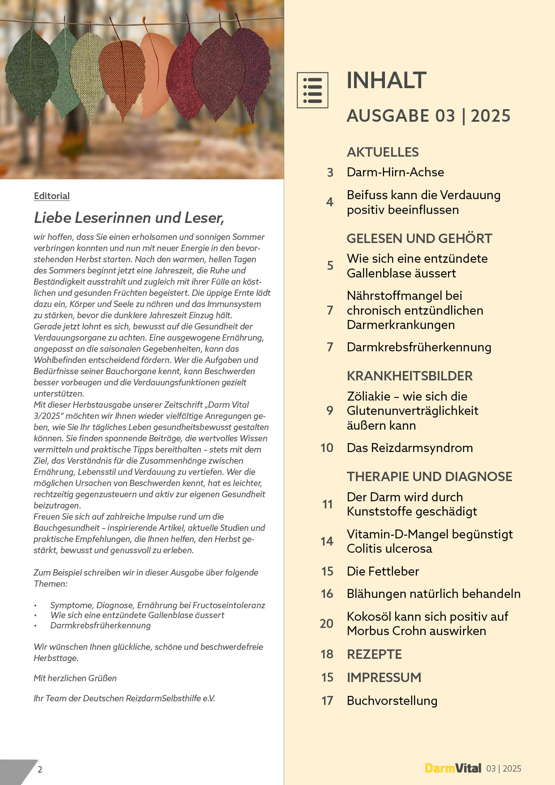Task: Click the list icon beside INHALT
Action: [x=312, y=90]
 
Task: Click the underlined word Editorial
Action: [x=51, y=196]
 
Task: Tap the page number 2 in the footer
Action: [x=40, y=769]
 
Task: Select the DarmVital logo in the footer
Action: [x=453, y=768]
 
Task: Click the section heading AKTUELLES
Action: [x=383, y=152]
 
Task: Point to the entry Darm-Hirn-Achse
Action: [x=395, y=172]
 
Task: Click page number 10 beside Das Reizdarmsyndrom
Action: [x=327, y=448]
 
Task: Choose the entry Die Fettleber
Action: [x=383, y=572]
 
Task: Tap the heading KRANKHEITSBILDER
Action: [x=410, y=376]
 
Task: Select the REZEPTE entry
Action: [x=374, y=654]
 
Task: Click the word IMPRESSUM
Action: [x=384, y=678]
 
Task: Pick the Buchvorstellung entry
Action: [x=392, y=701]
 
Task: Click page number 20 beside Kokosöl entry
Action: [x=326, y=624]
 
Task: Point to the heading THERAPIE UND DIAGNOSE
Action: [x=429, y=477]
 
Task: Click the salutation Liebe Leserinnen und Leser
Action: [x=129, y=218]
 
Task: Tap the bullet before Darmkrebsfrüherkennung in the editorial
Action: [x=35, y=626]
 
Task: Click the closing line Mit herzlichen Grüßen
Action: [x=75, y=678]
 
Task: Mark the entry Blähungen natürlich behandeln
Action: [x=433, y=594]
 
